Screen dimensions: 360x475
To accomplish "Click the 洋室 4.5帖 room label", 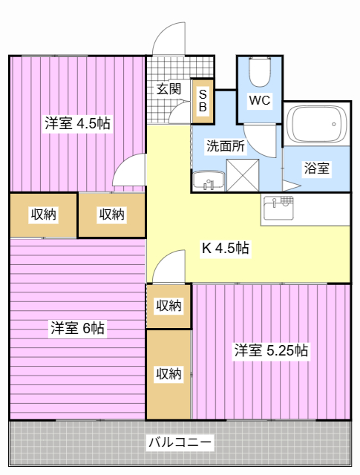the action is pyautogui.click(x=78, y=123).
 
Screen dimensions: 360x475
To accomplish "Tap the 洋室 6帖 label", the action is pyautogui.click(x=78, y=328).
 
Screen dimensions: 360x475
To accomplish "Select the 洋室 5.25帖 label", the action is pyautogui.click(x=271, y=350).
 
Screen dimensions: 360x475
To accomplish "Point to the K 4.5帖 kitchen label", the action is pyautogui.click(x=226, y=248).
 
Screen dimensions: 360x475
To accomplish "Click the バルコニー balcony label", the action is pyautogui.click(x=180, y=442).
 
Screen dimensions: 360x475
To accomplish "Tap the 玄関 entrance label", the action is pyautogui.click(x=168, y=89).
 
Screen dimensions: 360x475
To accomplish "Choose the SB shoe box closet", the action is pyautogui.click(x=203, y=101).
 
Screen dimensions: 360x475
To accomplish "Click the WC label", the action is pyautogui.click(x=260, y=100).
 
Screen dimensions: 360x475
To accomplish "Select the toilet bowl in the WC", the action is pyautogui.click(x=260, y=72).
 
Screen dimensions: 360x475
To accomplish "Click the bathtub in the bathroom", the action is pyautogui.click(x=317, y=124).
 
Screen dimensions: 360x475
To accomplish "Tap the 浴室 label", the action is pyautogui.click(x=317, y=168).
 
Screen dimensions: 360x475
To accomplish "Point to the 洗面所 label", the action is pyautogui.click(x=226, y=146).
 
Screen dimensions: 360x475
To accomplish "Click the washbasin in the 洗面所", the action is pyautogui.click(x=209, y=181).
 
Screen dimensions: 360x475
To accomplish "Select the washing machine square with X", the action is pyautogui.click(x=243, y=175).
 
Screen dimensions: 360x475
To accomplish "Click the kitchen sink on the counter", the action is pyautogui.click(x=279, y=208).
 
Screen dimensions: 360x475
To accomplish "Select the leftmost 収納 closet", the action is pyautogui.click(x=43, y=215).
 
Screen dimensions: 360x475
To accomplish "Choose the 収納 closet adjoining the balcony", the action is pyautogui.click(x=168, y=374).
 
